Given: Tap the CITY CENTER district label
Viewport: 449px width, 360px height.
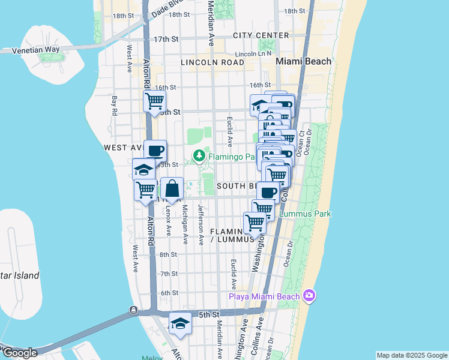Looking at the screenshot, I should (261, 35).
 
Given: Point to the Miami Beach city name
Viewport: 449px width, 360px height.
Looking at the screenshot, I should (303, 61).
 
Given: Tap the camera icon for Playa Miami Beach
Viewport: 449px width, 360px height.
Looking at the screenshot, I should (309, 295).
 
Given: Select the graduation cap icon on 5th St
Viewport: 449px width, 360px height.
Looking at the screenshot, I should (180, 324).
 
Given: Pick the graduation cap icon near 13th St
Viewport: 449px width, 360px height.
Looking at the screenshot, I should (143, 169).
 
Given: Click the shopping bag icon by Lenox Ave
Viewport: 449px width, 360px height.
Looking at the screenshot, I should (172, 189).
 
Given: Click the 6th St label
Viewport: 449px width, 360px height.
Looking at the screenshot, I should (170, 292).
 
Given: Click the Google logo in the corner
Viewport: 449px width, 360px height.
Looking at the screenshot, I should (19, 353).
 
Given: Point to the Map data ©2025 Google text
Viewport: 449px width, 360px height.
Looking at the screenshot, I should (412, 355).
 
